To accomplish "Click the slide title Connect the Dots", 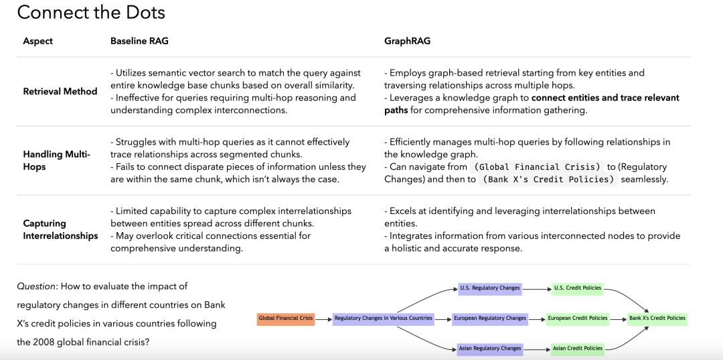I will [91, 12].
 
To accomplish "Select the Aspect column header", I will [37, 41].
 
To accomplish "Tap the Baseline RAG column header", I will [139, 41].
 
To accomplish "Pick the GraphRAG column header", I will [407, 41].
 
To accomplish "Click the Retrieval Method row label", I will [60, 91].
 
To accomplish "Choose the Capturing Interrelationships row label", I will [60, 230].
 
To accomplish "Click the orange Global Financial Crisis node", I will [286, 319].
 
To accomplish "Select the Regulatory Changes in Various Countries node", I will [384, 319].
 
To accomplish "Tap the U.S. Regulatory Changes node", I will [490, 288].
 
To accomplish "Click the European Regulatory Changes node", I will [490, 319].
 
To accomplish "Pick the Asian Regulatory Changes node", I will [490, 349].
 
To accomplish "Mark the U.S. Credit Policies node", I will [578, 288].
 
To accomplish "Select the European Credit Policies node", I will [578, 319].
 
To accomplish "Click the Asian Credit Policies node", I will [578, 349].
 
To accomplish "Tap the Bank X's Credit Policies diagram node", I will [657, 319].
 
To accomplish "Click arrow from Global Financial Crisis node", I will [323, 319].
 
